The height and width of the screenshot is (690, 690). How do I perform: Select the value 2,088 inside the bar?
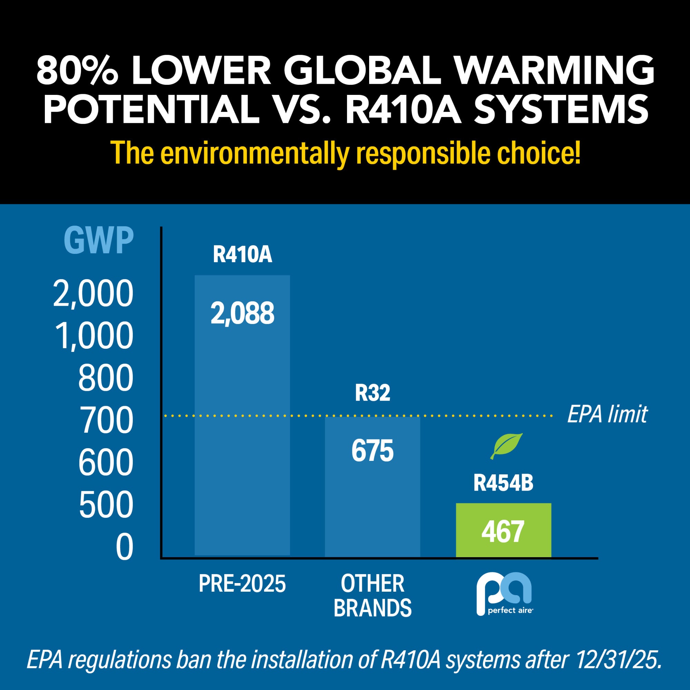coord(242,313)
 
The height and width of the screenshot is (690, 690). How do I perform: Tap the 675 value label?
coord(372,451)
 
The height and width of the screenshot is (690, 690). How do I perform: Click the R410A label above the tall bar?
coord(243,255)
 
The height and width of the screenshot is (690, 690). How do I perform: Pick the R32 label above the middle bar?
coord(373,393)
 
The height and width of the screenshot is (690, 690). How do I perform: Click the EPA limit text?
coord(607,414)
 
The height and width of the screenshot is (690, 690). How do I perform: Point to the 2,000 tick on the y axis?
coord(93,294)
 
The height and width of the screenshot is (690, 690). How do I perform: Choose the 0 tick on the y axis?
coord(124,548)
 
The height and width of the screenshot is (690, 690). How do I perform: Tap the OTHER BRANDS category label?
coord(373,595)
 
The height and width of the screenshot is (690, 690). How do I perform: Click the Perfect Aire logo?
coord(505,593)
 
